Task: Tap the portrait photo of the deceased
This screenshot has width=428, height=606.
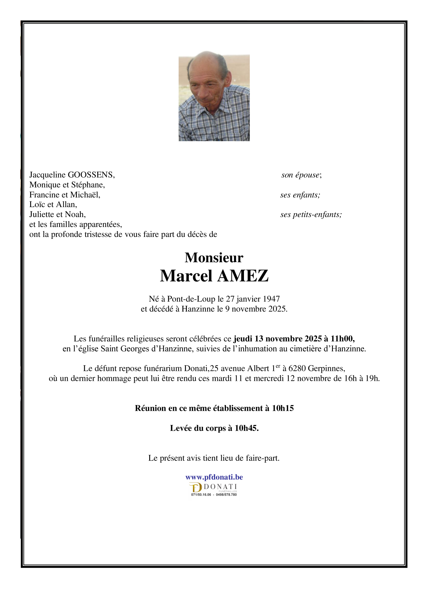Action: click(x=214, y=96)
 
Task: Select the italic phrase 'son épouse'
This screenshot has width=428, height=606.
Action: click(x=301, y=175)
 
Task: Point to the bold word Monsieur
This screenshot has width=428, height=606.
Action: click(x=214, y=257)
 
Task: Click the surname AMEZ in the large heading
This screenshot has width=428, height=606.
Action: click(x=243, y=276)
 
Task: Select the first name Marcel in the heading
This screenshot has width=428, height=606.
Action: click(x=186, y=276)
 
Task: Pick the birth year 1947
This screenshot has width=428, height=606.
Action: click(x=271, y=299)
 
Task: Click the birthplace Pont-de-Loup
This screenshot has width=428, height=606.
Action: click(x=191, y=299)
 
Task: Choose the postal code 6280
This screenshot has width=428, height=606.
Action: click(x=297, y=368)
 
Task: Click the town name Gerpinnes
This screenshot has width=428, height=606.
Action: click(x=326, y=368)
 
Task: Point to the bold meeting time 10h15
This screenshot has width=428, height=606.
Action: click(x=283, y=408)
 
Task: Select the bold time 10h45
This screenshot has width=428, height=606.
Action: click(x=246, y=428)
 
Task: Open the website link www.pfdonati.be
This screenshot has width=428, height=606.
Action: click(x=214, y=477)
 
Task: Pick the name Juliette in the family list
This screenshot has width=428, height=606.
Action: click(x=42, y=215)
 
